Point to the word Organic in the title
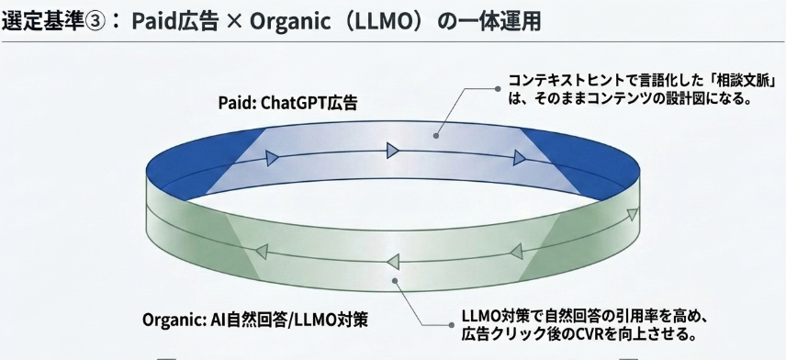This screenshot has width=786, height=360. [x=292, y=23]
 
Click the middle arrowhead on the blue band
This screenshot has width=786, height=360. [x=392, y=150]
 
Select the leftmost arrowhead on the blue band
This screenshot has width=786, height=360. [x=272, y=159]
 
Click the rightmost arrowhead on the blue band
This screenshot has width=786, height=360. [x=520, y=160]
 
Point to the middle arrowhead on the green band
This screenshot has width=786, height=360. [x=394, y=262]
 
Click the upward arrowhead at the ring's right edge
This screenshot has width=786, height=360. [x=633, y=215]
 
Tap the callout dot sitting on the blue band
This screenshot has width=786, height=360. [x=436, y=136]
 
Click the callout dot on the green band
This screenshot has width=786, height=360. [x=395, y=281]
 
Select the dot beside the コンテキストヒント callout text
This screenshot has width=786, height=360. [x=498, y=89]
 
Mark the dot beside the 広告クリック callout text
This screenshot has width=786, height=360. [x=452, y=325]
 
